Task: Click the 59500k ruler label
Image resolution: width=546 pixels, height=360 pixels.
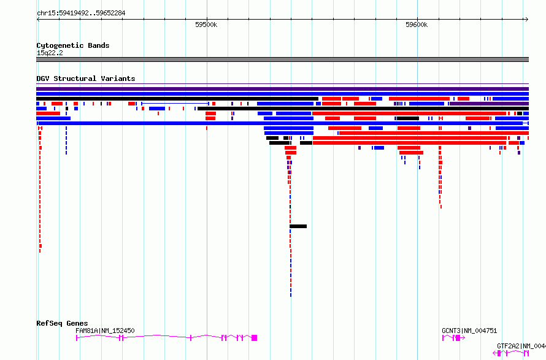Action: tap(206, 25)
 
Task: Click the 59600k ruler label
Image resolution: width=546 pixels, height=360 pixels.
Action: tap(417, 25)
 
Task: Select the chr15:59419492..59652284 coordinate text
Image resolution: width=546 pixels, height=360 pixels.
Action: tap(81, 13)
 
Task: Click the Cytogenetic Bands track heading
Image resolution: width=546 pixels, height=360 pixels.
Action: tap(73, 45)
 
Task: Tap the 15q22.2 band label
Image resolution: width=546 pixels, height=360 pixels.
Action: tap(50, 53)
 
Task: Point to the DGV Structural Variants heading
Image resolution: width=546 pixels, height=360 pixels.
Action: tap(86, 79)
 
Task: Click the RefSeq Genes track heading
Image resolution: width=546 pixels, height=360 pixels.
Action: tap(62, 323)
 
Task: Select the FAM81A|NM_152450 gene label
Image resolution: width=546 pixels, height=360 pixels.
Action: tap(105, 331)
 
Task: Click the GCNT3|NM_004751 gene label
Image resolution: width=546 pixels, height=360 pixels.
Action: tap(469, 331)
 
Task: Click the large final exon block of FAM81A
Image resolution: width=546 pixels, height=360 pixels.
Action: tap(254, 338)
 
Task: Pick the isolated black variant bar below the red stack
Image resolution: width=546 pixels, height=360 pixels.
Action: tap(298, 226)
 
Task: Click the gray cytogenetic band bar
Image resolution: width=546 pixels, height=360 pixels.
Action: tap(282, 59)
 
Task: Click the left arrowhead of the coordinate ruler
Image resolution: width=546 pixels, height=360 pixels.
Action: tap(37, 20)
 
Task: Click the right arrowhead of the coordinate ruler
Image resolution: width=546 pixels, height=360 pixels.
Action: tap(527, 20)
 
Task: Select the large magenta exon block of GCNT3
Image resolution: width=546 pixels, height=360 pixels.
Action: tap(458, 338)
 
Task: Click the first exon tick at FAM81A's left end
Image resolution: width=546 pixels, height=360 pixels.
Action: tap(77, 338)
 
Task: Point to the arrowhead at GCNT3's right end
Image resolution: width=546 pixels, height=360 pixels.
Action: tap(463, 338)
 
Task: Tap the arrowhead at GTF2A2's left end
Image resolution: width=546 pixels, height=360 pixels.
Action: tap(494, 353)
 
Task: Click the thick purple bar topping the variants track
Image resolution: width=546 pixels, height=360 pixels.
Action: tap(282, 89)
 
